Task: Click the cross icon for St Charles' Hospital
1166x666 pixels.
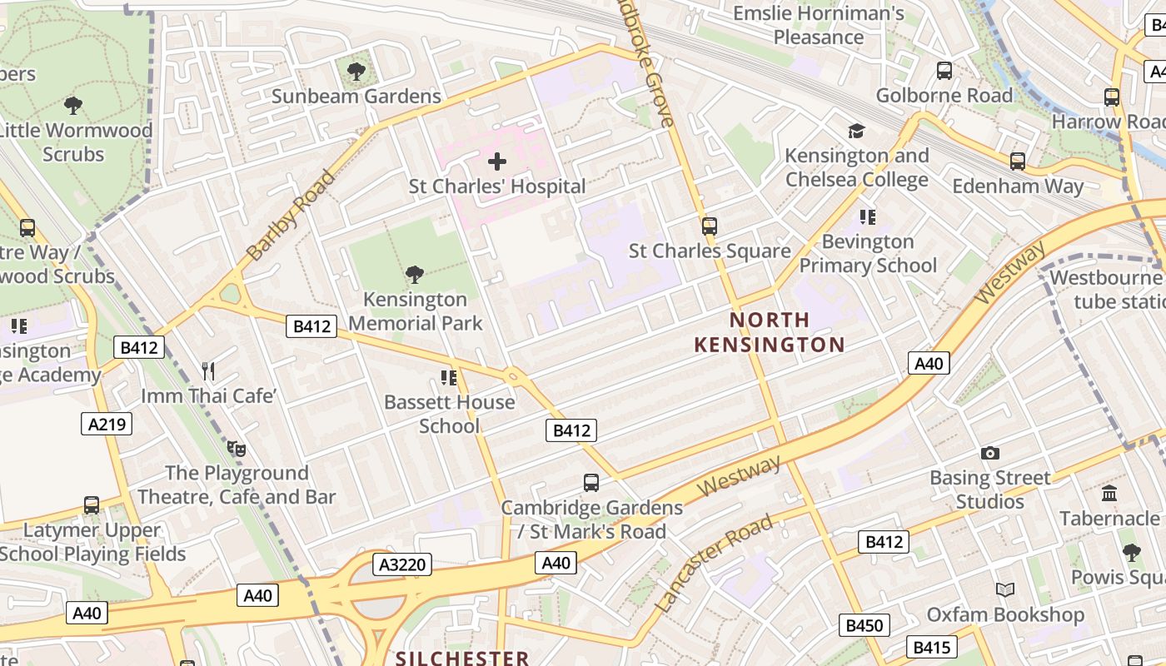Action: click(497, 161)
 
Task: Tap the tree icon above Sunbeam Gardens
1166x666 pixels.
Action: click(356, 72)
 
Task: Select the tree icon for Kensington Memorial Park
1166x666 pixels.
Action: click(414, 275)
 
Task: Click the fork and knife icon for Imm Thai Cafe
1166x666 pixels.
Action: click(208, 371)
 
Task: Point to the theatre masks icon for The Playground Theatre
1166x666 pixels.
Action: click(237, 449)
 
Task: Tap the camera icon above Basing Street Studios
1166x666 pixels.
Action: click(989, 453)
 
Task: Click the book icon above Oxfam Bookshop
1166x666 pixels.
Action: click(1005, 589)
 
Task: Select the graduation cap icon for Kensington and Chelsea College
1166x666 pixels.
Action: click(856, 131)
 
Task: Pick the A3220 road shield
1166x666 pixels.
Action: click(402, 564)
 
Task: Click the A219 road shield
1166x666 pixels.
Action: click(107, 424)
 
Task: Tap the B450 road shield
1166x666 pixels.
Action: click(864, 625)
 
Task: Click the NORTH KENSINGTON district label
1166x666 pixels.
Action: click(770, 331)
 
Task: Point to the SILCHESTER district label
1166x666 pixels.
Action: click(462, 658)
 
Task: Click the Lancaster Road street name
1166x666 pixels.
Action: click(715, 563)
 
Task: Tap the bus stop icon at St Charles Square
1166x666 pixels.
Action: click(709, 226)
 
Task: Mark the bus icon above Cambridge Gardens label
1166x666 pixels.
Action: click(590, 482)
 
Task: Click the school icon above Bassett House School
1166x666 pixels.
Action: click(449, 378)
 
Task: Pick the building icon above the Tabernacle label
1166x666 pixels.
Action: click(1109, 494)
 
